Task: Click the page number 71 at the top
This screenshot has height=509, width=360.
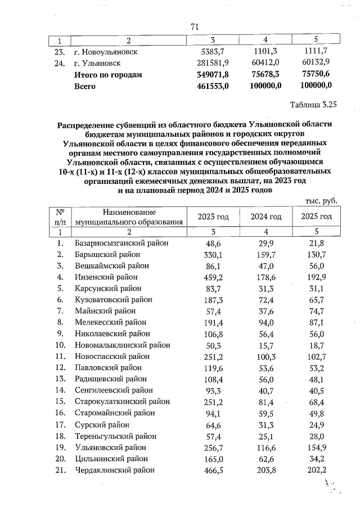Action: point(195,26)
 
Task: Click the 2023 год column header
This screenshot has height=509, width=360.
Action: point(213,217)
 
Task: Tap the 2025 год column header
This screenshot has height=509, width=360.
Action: point(317,217)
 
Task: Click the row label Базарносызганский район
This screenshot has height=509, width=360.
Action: point(121,243)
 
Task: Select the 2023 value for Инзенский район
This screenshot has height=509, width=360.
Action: point(213,277)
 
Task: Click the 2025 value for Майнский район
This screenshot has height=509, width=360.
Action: point(319,311)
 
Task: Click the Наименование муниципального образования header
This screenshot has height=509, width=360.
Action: point(128,217)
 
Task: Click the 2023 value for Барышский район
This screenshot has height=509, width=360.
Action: point(213,254)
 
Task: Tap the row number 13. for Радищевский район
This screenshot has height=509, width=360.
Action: point(58,379)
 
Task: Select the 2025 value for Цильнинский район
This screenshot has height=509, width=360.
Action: point(319,459)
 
